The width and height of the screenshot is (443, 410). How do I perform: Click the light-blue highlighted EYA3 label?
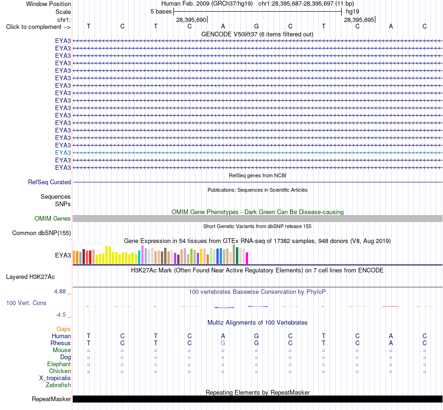[63, 153]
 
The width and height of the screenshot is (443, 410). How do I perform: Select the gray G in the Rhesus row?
[223, 343]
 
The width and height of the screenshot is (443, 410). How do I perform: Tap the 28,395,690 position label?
[191, 20]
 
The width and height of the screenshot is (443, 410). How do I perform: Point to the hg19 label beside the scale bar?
[353, 12]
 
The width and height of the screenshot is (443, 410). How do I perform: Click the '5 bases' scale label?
[161, 12]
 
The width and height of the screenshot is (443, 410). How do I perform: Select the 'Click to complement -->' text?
[38, 27]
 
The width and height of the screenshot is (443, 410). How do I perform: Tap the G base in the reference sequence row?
[256, 26]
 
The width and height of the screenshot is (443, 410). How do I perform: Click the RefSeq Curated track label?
[49, 182]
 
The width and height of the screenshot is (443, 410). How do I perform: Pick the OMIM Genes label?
[53, 218]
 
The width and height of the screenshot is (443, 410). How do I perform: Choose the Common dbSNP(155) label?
[41, 233]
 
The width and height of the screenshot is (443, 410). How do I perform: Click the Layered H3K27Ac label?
[30, 277]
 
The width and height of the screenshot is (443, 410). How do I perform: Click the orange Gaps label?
[63, 329]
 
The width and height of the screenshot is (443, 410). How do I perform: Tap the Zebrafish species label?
[58, 385]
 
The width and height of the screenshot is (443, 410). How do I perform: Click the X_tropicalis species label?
[55, 378]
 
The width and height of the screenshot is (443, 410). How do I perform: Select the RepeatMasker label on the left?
[51, 399]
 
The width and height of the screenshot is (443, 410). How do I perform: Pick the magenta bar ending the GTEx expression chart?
[247, 258]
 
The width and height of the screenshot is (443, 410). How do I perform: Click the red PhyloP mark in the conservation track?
[390, 306]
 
